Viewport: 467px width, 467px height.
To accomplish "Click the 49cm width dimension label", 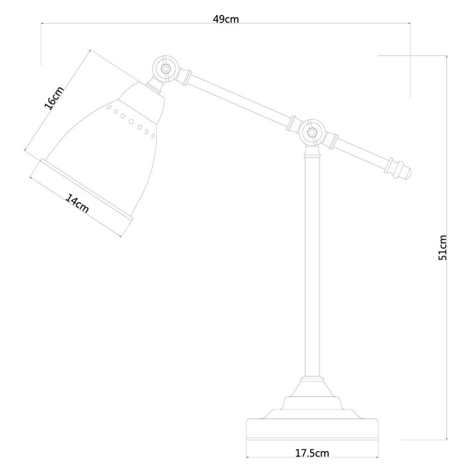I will (x=226, y=19).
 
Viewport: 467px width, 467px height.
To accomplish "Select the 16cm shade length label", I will (x=54, y=99).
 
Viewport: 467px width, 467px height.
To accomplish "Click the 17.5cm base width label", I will (x=312, y=454).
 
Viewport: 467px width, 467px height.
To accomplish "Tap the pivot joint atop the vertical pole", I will (x=312, y=131).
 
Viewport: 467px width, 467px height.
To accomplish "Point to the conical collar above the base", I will (x=312, y=388).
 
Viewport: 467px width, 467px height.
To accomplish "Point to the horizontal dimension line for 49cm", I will (x=144, y=22).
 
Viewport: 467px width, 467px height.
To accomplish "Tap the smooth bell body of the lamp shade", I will (x=106, y=154).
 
